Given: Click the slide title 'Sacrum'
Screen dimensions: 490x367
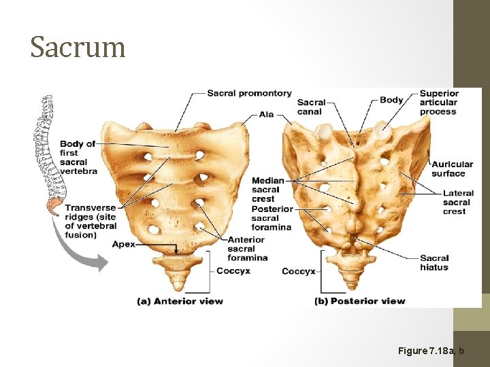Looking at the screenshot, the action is [78, 48].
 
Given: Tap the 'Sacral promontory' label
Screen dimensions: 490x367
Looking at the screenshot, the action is [249, 93].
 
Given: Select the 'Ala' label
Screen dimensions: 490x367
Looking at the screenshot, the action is [267, 114].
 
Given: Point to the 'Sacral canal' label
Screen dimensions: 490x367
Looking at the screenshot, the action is [311, 107].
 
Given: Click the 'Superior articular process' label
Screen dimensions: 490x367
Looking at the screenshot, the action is [439, 103].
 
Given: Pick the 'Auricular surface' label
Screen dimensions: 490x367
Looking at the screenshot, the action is [452, 169].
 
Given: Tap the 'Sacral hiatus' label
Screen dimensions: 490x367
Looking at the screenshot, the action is [434, 262].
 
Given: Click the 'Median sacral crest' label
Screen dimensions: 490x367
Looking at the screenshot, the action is [268, 190].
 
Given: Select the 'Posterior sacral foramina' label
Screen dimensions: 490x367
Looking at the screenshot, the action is [272, 218].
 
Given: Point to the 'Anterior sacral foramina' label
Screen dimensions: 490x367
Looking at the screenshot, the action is [246, 249].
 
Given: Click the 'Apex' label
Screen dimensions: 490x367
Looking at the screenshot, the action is [123, 244].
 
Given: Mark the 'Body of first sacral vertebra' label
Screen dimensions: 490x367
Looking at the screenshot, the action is [78, 157].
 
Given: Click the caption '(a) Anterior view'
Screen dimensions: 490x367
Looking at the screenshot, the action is [180, 300].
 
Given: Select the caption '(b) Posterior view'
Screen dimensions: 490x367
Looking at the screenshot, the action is [360, 300].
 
